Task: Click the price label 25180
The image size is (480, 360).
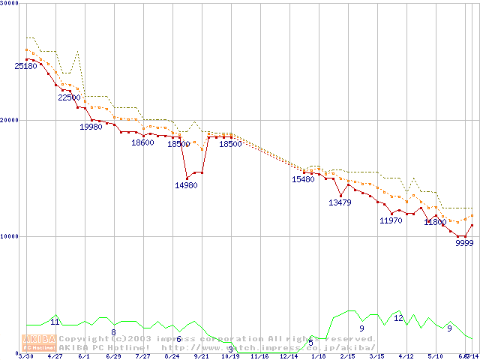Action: pyautogui.click(x=25, y=66)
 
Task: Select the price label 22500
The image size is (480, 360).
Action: pyautogui.click(x=69, y=97)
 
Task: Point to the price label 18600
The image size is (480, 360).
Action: pyautogui.click(x=142, y=142)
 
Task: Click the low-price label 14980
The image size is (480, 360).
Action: pyautogui.click(x=186, y=184)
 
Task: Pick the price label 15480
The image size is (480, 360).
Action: pyautogui.click(x=303, y=179)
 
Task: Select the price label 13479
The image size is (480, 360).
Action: pyautogui.click(x=340, y=202)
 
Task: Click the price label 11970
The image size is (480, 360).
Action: pyautogui.click(x=391, y=220)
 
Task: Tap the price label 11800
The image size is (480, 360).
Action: pyautogui.click(x=435, y=222)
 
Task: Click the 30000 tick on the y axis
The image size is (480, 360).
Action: pyautogui.click(x=9, y=4)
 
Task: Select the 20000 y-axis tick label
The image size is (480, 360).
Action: pyautogui.click(x=9, y=120)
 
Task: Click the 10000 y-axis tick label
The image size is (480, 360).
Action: pyautogui.click(x=9, y=236)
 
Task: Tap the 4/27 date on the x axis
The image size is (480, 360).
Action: pyautogui.click(x=55, y=356)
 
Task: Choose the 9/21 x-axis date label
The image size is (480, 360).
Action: pyautogui.click(x=201, y=356)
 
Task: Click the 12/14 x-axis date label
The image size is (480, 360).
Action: pyautogui.click(x=289, y=356)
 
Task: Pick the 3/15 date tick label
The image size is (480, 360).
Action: pyautogui.click(x=376, y=356)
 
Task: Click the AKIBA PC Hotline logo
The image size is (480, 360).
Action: pyautogui.click(x=39, y=343)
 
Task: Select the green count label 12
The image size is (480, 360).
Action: pyautogui.click(x=398, y=318)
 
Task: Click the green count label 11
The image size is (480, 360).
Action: pyautogui.click(x=55, y=322)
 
